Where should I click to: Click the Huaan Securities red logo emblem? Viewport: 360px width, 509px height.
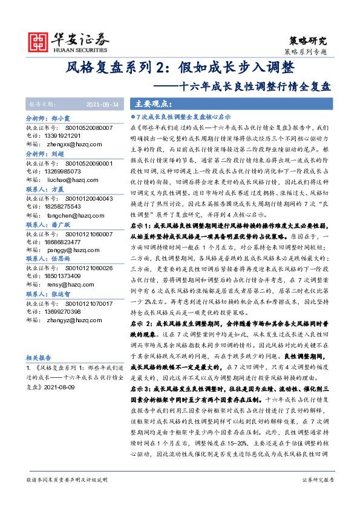click(x=40, y=39)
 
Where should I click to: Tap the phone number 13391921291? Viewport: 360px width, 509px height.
click(x=71, y=137)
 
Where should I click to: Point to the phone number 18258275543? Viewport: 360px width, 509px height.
click(x=71, y=206)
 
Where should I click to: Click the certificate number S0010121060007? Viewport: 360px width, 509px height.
click(x=87, y=233)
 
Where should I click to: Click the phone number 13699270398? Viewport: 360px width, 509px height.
click(x=71, y=311)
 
